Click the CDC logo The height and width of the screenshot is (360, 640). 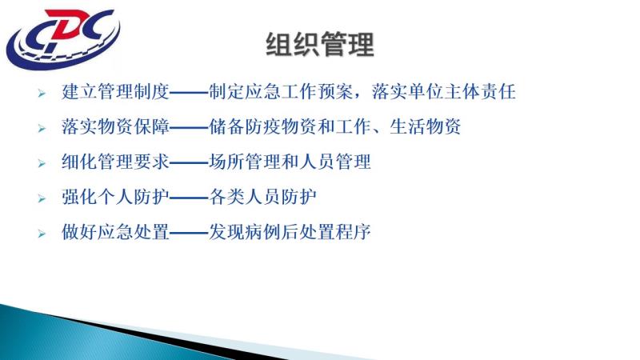[x=63, y=38]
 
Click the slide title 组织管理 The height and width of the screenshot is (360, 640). [x=320, y=45]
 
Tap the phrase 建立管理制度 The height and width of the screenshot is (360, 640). [x=115, y=91]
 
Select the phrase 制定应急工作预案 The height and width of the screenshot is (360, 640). [x=281, y=91]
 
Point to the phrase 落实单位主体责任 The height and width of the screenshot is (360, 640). [x=444, y=91]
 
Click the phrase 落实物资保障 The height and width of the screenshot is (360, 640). [x=115, y=126]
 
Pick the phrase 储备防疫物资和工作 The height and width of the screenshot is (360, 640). [x=290, y=126]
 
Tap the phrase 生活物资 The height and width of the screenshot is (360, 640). [x=426, y=126]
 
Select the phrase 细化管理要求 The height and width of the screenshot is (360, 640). [x=115, y=162]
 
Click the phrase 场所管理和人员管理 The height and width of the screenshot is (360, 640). [x=290, y=162]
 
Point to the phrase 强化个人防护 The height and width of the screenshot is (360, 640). [x=115, y=197]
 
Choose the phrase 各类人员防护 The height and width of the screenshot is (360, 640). [x=263, y=197]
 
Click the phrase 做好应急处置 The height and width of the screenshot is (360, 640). [x=115, y=232]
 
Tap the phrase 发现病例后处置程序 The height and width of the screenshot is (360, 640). [x=290, y=232]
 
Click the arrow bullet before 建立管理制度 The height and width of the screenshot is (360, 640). [x=42, y=94]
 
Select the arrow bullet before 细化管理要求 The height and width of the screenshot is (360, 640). [x=42, y=164]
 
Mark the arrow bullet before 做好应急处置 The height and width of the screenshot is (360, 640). [x=42, y=234]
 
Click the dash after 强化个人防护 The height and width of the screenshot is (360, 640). [x=189, y=198]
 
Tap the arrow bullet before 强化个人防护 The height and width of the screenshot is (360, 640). [x=42, y=198]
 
